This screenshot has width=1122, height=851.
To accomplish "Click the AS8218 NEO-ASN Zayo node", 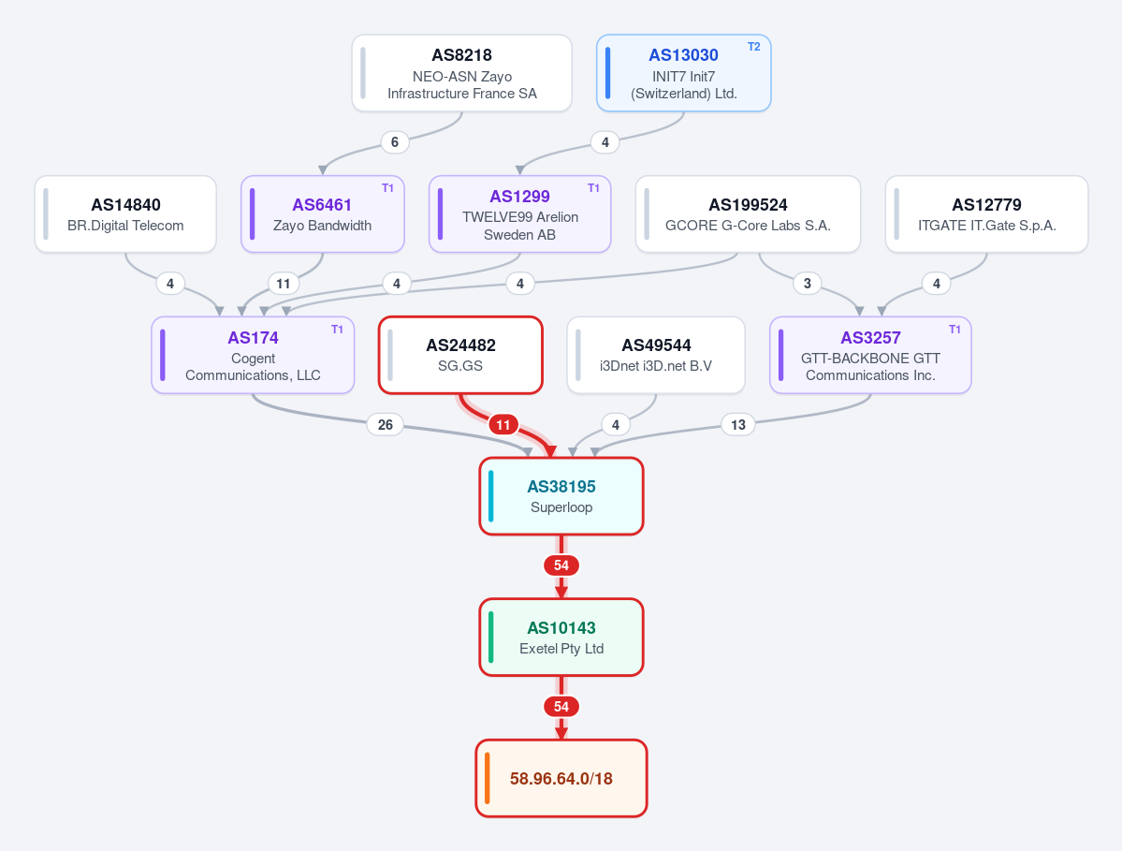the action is (x=461, y=73).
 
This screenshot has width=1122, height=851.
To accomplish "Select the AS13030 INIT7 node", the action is (x=683, y=73).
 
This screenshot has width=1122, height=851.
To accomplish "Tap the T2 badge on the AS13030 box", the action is (x=753, y=47).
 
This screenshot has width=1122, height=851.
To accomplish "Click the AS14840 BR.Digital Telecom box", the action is (x=125, y=214).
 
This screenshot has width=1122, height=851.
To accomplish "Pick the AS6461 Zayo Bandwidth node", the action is (x=323, y=214).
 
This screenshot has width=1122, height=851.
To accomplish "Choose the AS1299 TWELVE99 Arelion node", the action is (x=519, y=214).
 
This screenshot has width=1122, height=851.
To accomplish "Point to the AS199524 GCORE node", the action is (x=748, y=214).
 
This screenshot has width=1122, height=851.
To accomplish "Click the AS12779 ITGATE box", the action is (x=986, y=214).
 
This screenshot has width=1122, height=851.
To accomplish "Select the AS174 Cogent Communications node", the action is (x=253, y=355).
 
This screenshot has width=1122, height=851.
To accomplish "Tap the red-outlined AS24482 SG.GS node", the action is (x=460, y=355).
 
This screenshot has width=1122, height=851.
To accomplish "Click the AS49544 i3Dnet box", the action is (x=656, y=355).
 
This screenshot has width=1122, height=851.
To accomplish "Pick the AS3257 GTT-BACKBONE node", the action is (x=870, y=355).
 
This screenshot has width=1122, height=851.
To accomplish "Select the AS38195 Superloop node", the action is (x=561, y=496).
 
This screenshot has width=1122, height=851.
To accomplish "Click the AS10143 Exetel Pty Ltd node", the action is (x=561, y=637).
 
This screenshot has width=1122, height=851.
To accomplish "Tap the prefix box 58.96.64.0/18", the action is (x=561, y=778).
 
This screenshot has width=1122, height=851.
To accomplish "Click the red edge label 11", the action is (x=503, y=425).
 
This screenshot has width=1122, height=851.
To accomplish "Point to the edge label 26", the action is (x=385, y=425).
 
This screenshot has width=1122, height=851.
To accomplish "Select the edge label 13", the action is (x=737, y=425).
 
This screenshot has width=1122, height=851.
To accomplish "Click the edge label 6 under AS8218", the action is (x=394, y=142).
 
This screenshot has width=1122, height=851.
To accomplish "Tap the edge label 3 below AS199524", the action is (x=808, y=284).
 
